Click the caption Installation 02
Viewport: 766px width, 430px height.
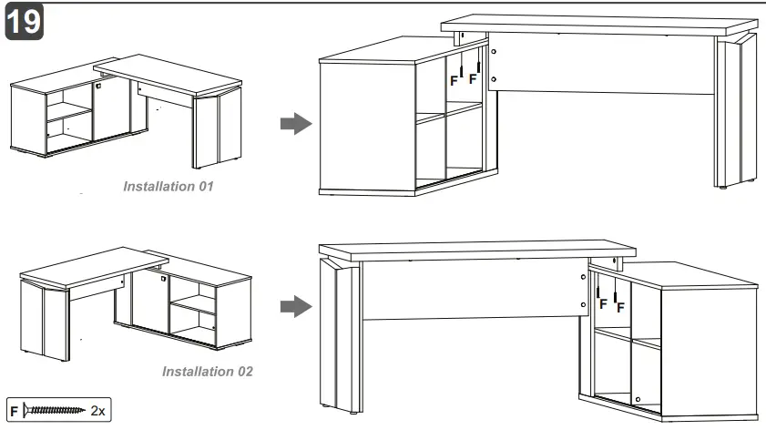(208, 371)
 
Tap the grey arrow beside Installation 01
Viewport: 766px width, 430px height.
(291, 124)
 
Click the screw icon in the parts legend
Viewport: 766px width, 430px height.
(56, 411)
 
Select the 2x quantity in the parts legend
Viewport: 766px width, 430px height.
(98, 412)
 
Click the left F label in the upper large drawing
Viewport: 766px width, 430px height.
(454, 80)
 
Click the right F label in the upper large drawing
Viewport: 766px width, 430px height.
(473, 79)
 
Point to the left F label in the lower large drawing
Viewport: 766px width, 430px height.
(602, 304)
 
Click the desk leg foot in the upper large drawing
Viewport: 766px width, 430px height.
(723, 189)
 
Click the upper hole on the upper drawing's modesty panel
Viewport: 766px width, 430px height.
(493, 53)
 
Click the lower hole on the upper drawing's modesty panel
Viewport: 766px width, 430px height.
(493, 79)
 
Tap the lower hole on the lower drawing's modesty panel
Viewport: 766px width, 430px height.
(583, 302)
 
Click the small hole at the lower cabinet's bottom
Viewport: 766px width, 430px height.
(638, 400)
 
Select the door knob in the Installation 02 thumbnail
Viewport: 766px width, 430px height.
(163, 280)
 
